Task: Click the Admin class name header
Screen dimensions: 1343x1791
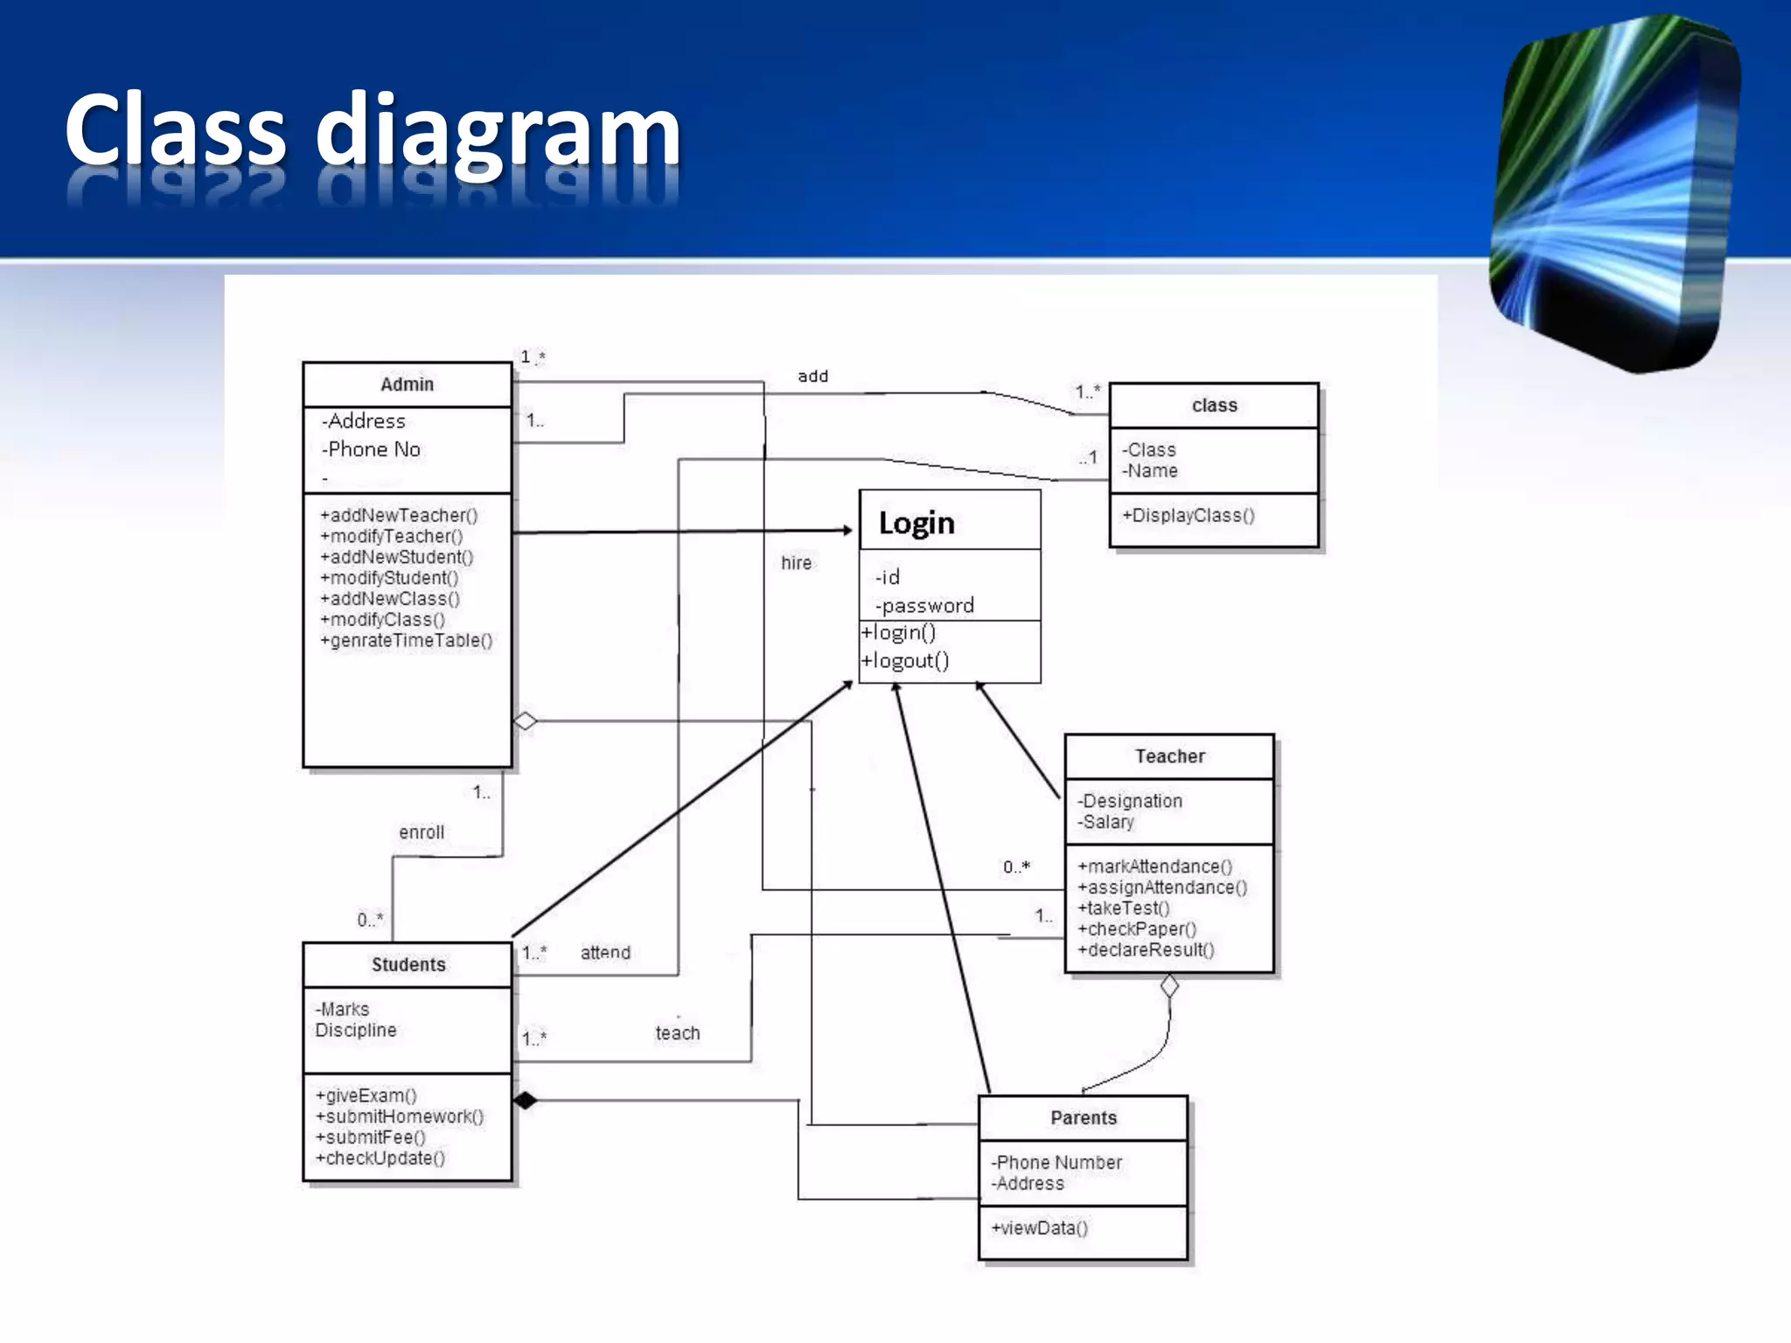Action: (407, 385)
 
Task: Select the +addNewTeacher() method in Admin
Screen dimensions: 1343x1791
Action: (399, 515)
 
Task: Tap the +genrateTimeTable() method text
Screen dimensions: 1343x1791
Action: (407, 641)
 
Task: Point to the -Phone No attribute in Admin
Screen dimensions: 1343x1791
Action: (372, 449)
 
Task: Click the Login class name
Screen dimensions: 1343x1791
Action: (916, 523)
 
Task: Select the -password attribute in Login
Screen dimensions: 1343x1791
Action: (924, 605)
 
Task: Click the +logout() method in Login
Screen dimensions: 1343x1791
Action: (905, 661)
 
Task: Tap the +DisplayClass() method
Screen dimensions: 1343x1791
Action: (1188, 515)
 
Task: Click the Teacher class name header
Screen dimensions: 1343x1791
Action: (1169, 756)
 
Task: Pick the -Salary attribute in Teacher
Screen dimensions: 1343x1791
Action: (1106, 822)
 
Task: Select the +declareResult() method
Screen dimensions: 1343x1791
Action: (1146, 950)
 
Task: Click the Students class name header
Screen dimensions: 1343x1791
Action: (408, 964)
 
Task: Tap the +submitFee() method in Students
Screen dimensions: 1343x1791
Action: (371, 1138)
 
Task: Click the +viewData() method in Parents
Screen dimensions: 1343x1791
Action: (1040, 1228)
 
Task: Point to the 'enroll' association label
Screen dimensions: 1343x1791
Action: (422, 832)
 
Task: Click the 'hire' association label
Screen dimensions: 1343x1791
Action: (796, 563)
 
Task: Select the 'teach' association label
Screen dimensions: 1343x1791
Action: (678, 1033)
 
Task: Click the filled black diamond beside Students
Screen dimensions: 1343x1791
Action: (525, 1100)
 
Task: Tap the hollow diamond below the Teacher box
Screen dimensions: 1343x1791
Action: (1169, 986)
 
